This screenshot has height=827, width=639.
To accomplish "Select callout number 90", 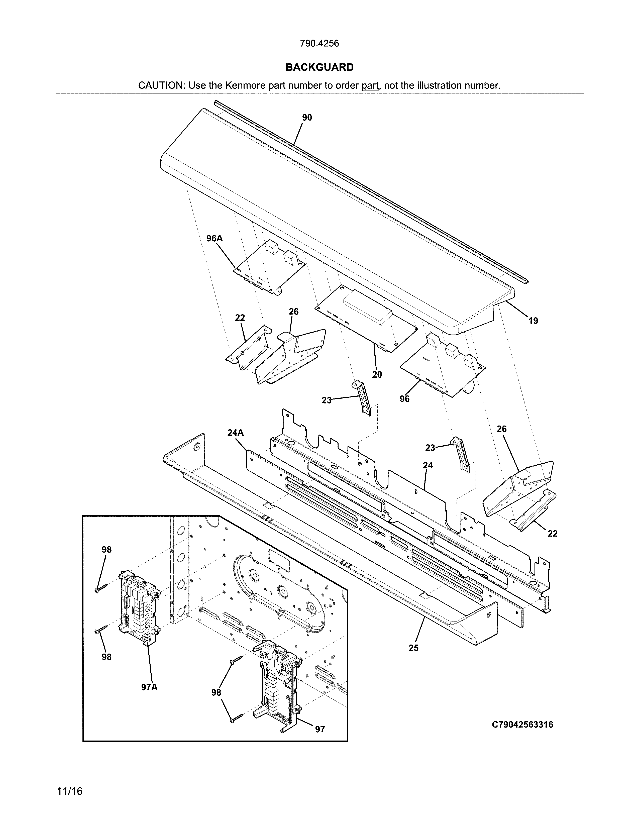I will coord(307,118).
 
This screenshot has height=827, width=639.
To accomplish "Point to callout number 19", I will coord(533,321).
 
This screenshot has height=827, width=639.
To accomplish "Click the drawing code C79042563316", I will coord(522,725).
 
